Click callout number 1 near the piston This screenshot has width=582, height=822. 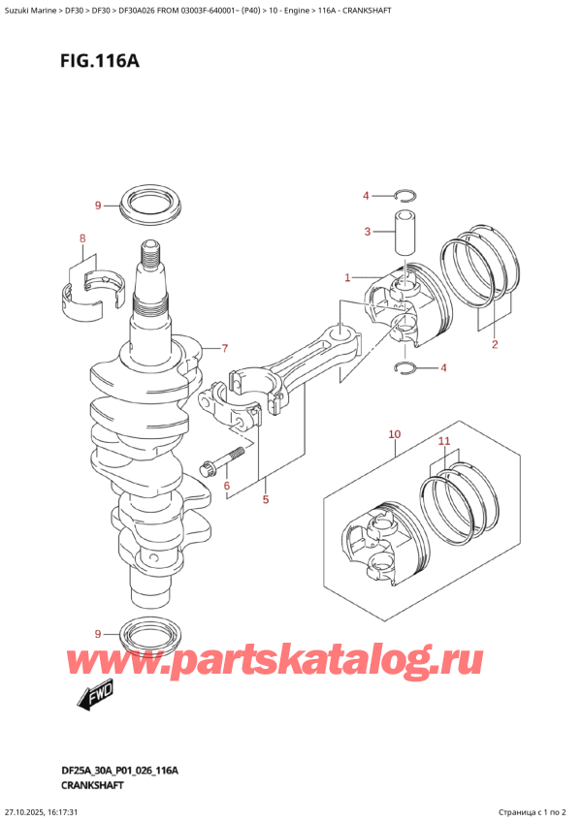coord(346,278)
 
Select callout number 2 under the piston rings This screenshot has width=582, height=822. coord(494,344)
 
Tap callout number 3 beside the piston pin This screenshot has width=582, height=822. coord(367,231)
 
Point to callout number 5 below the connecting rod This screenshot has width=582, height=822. coord(265,500)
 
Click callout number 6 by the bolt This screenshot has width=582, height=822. coord(226,486)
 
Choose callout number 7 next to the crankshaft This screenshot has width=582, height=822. coord(224,349)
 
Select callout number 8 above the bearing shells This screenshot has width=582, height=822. coord(82,238)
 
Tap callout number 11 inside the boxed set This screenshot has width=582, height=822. coord(444,442)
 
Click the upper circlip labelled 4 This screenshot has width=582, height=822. coord(406,195)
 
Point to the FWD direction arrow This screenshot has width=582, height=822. coord(90,694)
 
